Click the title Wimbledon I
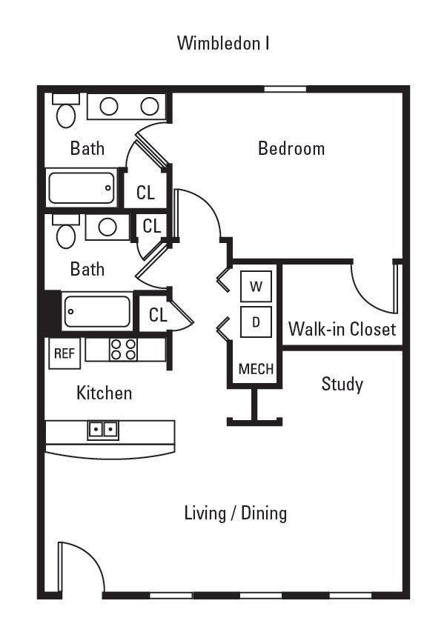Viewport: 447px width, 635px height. tap(222, 43)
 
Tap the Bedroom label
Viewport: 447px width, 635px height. tap(291, 148)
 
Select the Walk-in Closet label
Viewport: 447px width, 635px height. tap(342, 328)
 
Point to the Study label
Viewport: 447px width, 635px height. tap(342, 384)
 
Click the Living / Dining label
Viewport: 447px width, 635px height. tap(235, 513)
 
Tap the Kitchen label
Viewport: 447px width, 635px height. tap(104, 393)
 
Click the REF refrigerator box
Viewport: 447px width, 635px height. tap(64, 353)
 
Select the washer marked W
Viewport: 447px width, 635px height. tap(256, 286)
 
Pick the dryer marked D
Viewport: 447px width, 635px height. tap(256, 322)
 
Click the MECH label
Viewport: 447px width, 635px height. tap(256, 369)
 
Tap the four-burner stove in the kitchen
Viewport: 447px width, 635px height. tap(123, 349)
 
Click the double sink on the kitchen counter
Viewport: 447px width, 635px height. tap(102, 429)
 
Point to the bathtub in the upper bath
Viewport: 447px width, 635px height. tap(82, 187)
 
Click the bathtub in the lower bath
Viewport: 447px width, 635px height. tap(97, 311)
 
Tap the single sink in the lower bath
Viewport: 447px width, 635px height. tap(107, 227)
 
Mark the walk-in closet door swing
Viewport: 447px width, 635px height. tap(374, 289)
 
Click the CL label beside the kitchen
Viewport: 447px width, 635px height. tap(158, 314)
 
